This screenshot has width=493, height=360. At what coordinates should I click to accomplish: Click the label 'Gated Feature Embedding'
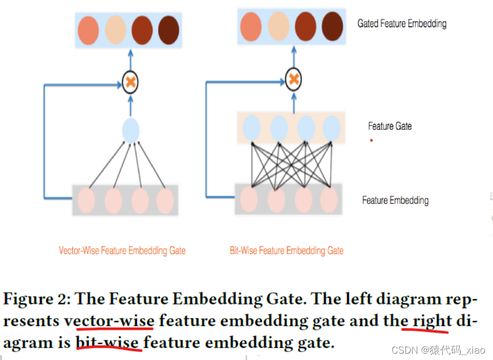pos(402,24)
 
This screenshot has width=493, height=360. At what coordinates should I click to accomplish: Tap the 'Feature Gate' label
pos(389,126)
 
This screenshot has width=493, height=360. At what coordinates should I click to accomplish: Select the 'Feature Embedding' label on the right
pos(395,200)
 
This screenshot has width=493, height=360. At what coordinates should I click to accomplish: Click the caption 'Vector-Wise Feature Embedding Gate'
pos(122,251)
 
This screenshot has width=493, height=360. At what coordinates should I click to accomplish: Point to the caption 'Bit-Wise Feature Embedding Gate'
pos(286,251)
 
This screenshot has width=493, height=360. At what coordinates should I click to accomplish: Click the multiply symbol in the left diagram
pos(130,82)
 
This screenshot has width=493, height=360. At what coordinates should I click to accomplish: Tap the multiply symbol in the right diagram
pos(293,80)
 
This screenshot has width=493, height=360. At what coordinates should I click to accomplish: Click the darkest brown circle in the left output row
pos(169,30)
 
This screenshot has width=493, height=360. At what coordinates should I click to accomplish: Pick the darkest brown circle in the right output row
pos(332,26)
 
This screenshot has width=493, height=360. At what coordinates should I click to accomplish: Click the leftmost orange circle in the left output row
pos(88,30)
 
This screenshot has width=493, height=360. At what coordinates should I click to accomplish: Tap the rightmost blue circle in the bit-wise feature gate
pos(331,128)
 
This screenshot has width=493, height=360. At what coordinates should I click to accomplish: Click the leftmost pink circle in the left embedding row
pos(87,201)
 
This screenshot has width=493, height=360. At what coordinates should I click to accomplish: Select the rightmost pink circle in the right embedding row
pos(329,200)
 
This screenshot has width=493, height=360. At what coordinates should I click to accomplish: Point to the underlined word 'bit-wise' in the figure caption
pos(108,343)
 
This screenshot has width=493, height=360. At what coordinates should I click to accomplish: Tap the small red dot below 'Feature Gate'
pos(371,140)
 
